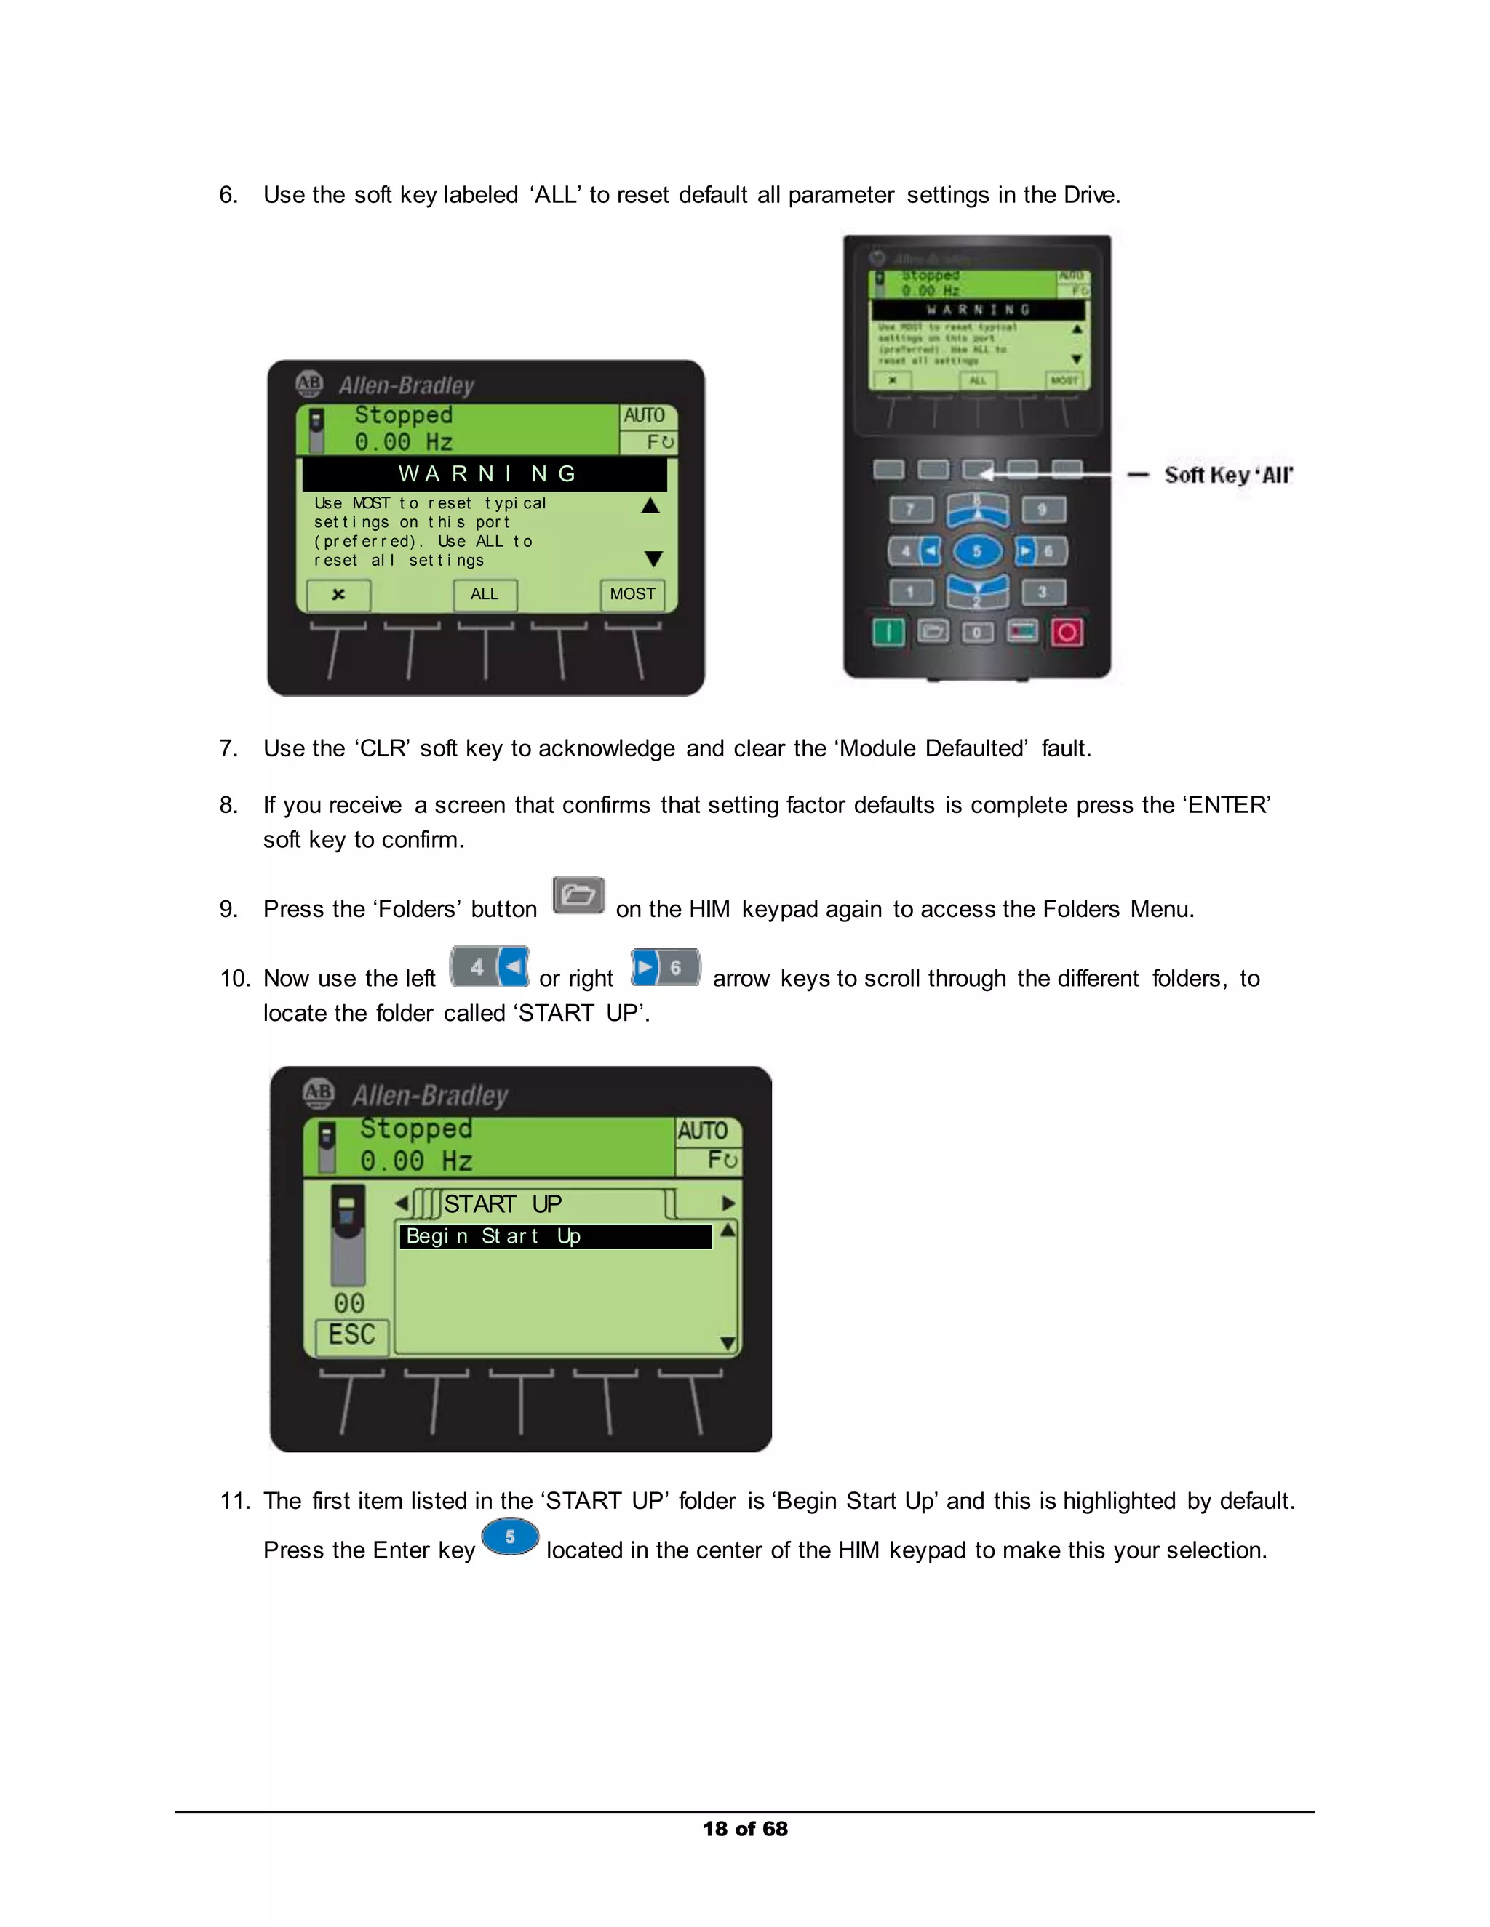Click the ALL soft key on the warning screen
(x=485, y=595)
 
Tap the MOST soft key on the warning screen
(x=633, y=595)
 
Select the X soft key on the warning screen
(x=338, y=595)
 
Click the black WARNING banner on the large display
(x=485, y=474)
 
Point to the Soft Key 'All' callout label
(x=1228, y=475)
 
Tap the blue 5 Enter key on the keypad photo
(x=976, y=551)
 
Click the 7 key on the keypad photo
(x=910, y=509)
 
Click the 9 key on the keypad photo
(x=1043, y=509)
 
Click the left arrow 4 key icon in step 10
(x=490, y=967)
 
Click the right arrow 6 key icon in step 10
(x=666, y=967)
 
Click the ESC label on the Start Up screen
(x=351, y=1334)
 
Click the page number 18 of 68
(x=745, y=1828)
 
